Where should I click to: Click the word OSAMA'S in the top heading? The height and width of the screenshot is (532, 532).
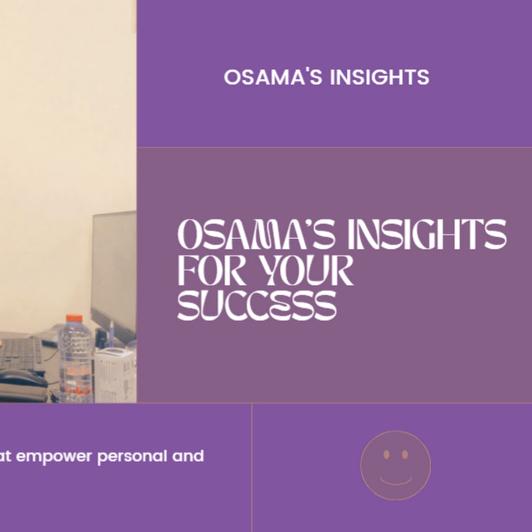(273, 77)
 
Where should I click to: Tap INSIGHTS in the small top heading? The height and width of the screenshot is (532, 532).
(379, 77)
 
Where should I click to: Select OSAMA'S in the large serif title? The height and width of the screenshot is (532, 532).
(256, 234)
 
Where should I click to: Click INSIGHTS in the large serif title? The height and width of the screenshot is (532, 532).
(427, 234)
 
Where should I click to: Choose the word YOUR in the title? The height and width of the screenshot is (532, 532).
(306, 270)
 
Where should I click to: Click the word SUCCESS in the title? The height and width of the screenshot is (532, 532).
(257, 306)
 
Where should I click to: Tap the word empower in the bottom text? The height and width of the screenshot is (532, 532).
(54, 457)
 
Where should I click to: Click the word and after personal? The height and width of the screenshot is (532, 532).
(188, 456)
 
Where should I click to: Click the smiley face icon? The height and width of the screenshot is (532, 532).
(395, 465)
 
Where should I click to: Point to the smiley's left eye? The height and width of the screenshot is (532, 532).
(387, 455)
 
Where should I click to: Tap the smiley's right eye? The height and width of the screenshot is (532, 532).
(405, 455)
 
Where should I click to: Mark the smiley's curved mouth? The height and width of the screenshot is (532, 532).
(395, 483)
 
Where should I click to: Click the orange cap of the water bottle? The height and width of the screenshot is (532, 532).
(74, 318)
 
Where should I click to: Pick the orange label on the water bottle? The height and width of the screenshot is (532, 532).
(75, 371)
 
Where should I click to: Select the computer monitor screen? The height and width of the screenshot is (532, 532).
(114, 271)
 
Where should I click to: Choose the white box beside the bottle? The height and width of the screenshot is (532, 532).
(115, 375)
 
